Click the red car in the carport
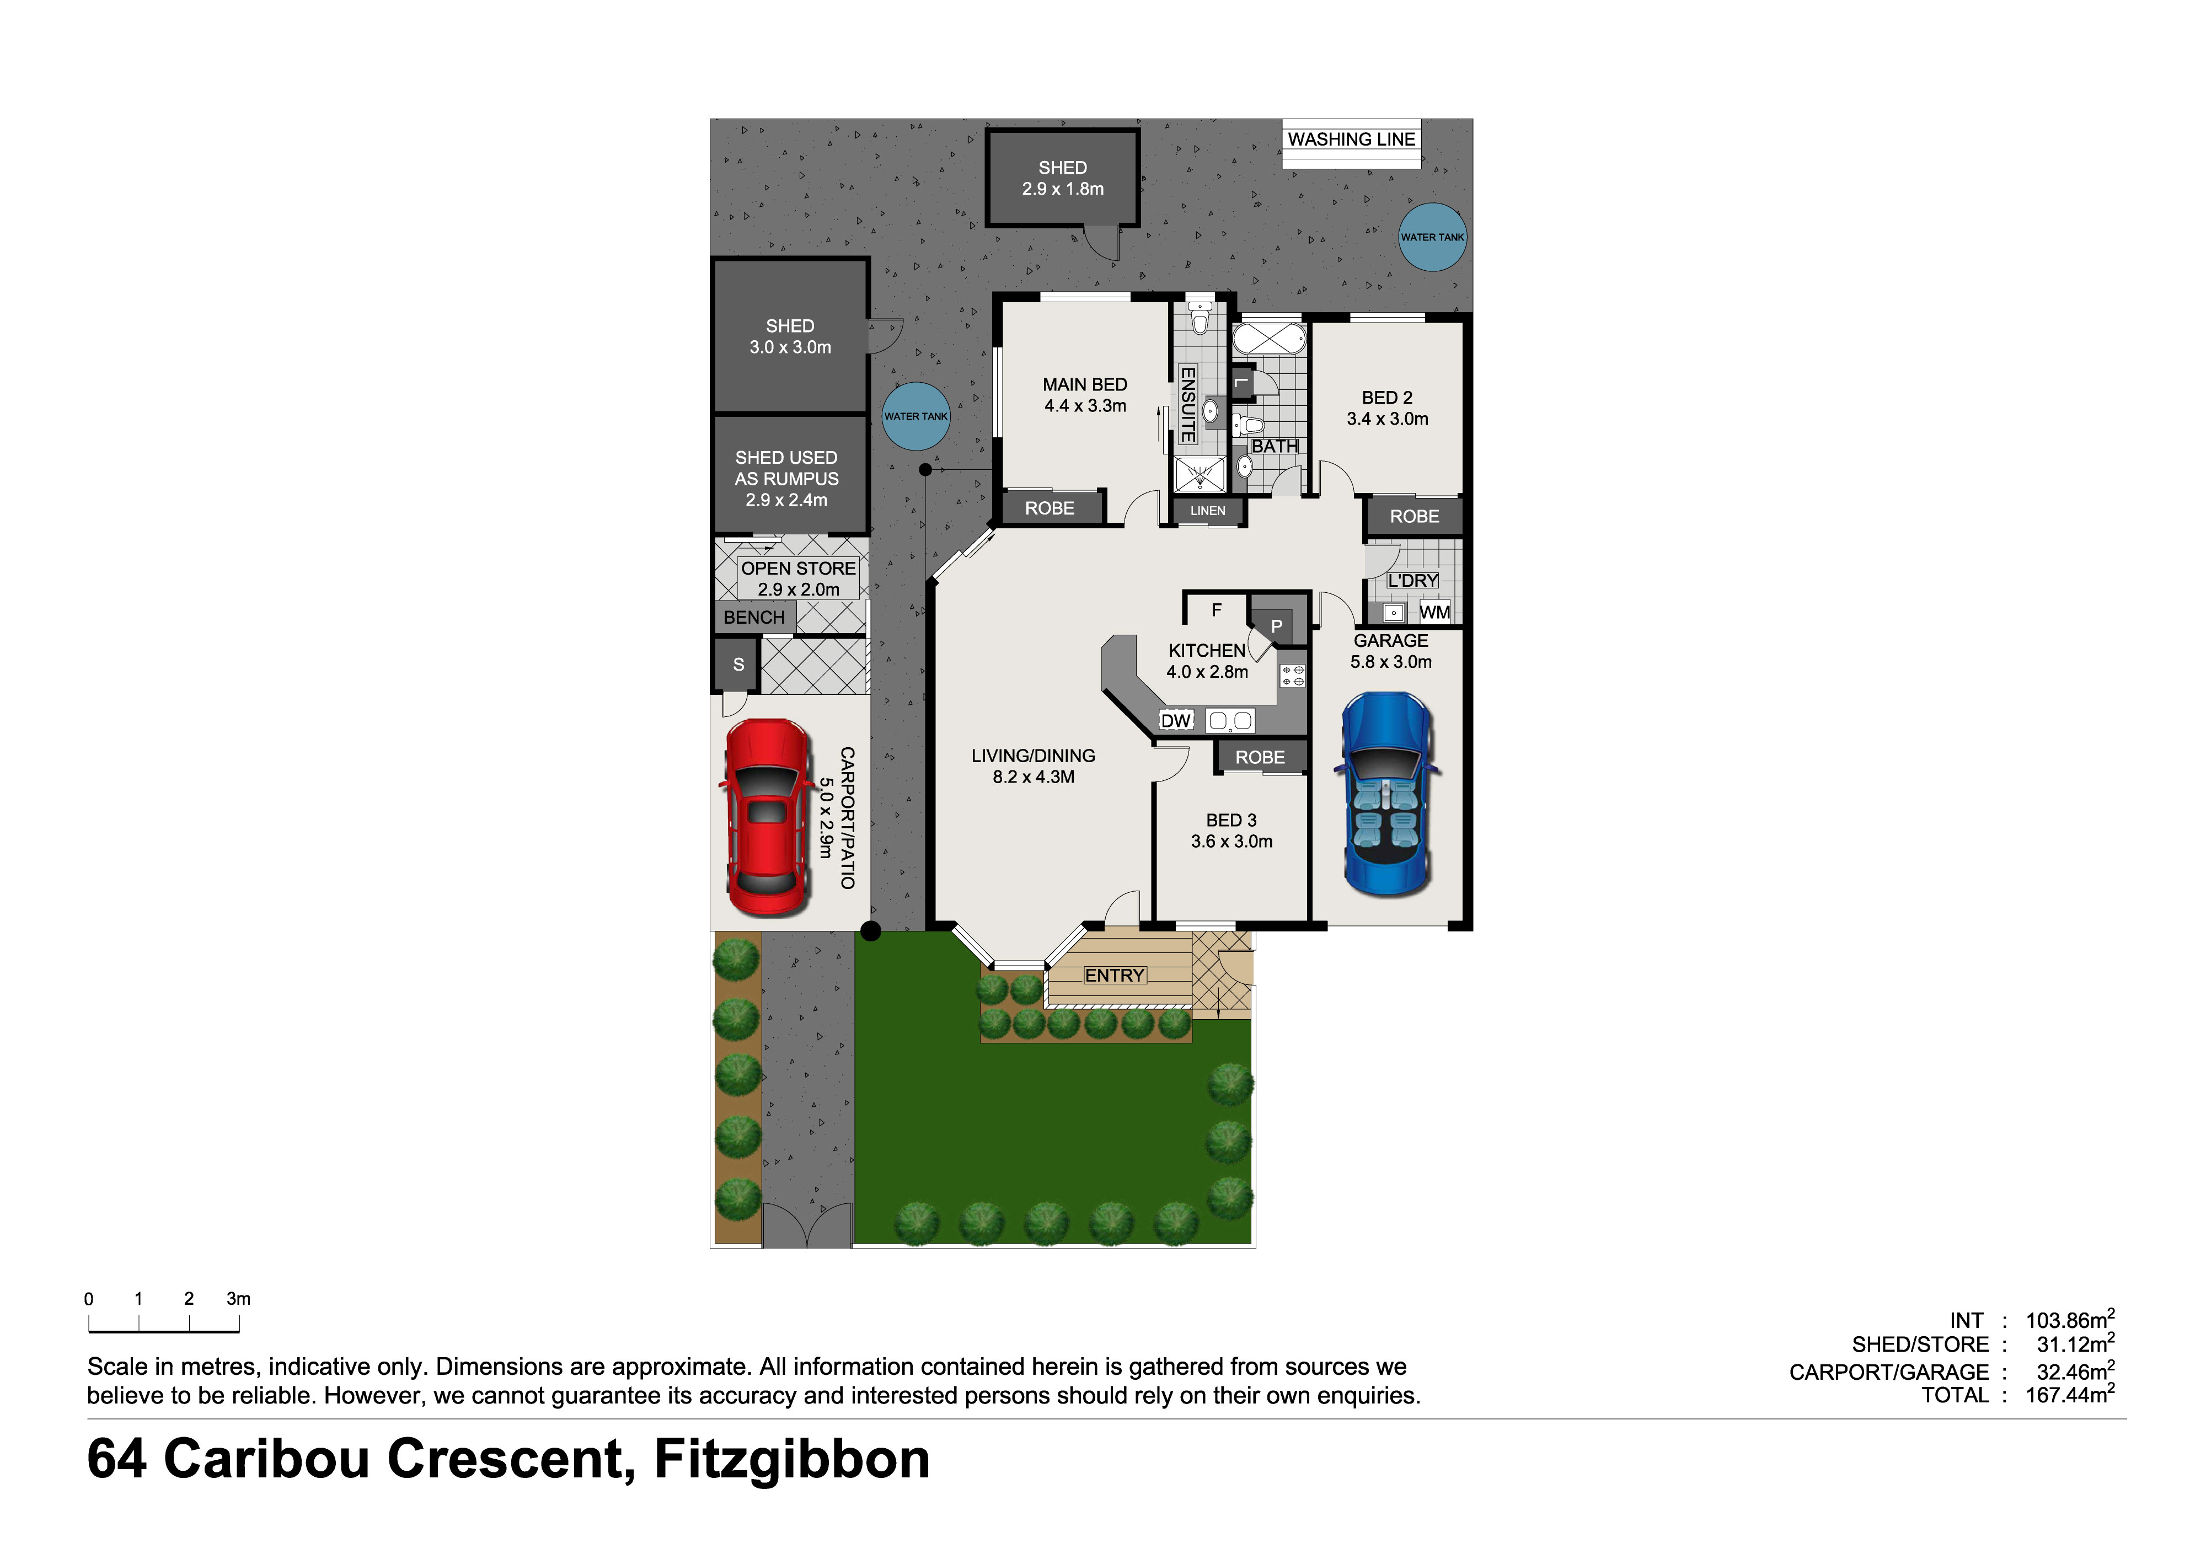point(766,817)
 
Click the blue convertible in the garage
point(1386,794)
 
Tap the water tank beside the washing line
point(1432,237)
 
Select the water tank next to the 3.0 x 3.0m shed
point(915,416)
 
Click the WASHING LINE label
point(1351,140)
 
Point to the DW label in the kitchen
point(1175,720)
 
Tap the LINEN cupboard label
point(1208,510)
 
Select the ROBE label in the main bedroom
point(1049,508)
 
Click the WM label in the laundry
point(1434,612)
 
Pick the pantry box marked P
point(1277,625)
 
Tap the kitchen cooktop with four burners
point(1292,676)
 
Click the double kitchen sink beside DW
point(1230,720)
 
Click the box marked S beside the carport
point(738,664)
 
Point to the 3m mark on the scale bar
point(238,1299)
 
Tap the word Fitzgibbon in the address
point(792,1459)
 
